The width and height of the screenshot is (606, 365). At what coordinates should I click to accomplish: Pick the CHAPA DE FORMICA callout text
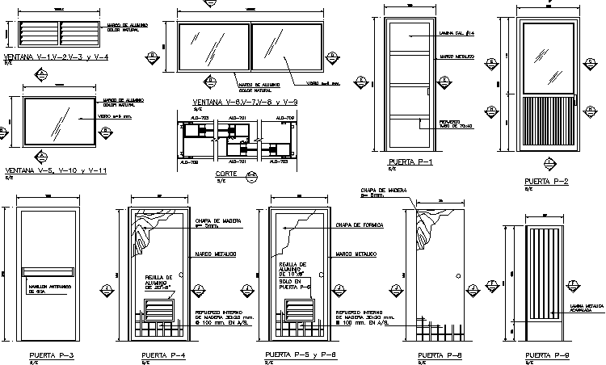[x=359, y=224]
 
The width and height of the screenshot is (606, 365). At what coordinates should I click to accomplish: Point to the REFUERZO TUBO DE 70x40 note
[x=456, y=125]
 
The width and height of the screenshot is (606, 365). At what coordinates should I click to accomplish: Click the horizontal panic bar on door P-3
[x=49, y=271]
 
